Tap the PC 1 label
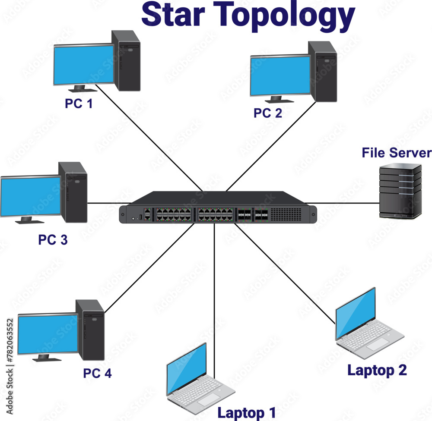pos(79,104)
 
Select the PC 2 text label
pos(267,113)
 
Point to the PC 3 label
pos(53,240)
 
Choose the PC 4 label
pos(97,373)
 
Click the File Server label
pos(396,153)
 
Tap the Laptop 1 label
pos(246,413)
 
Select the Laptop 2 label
pos(377,370)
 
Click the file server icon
pos(400,191)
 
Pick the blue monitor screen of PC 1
pos(84,65)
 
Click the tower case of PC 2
pos(325,72)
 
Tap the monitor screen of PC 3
pos(30,196)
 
